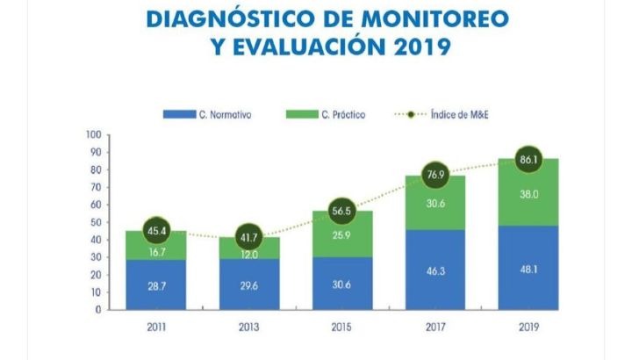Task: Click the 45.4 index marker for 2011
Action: point(156,230)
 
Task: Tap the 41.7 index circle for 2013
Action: point(249,236)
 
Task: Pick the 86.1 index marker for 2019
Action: point(528,159)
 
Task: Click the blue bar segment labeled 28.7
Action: point(156,284)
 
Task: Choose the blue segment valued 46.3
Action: point(435,270)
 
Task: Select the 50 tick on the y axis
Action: point(95,222)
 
